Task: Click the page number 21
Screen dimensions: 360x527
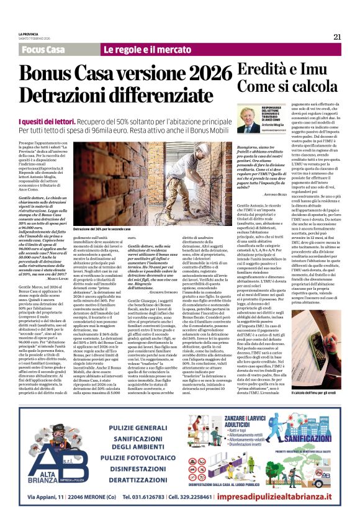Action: coord(337,37)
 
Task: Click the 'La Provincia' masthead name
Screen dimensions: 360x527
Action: coord(29,34)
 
